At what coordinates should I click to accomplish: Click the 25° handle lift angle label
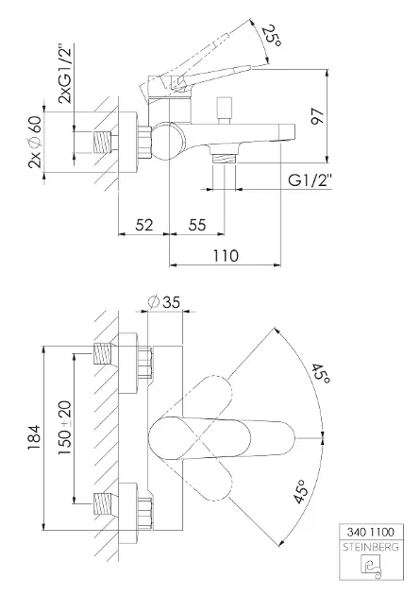click(x=274, y=36)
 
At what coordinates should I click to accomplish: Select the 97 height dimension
click(x=317, y=116)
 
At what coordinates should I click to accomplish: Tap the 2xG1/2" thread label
click(x=64, y=75)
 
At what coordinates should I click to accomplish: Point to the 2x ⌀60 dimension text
click(x=35, y=143)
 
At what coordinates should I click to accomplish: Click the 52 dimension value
click(x=144, y=225)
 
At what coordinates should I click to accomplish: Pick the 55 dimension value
click(x=197, y=225)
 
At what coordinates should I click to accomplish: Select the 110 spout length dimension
click(x=226, y=255)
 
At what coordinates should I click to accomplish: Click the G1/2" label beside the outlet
click(x=310, y=179)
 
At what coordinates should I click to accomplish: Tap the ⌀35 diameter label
click(x=164, y=302)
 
